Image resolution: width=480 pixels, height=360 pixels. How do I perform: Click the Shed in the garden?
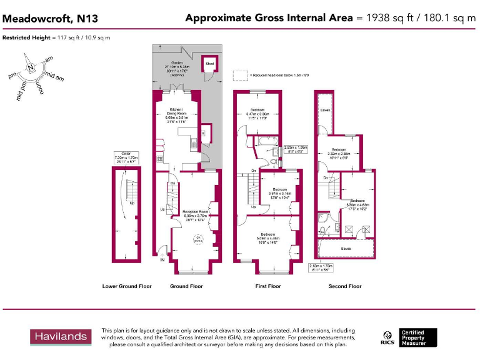pyautogui.click(x=209, y=64)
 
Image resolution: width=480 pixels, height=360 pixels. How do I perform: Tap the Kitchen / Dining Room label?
pyautogui.click(x=174, y=116)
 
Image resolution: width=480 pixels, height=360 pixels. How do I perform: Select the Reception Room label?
pyautogui.click(x=195, y=216)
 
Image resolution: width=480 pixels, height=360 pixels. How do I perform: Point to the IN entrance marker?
pyautogui.click(x=162, y=260)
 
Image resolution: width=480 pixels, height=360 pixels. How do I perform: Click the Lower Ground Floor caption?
pyautogui.click(x=127, y=286)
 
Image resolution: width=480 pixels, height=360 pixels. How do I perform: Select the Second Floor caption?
pyautogui.click(x=345, y=286)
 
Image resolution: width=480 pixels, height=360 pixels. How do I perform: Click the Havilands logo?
pyautogui.click(x=61, y=336)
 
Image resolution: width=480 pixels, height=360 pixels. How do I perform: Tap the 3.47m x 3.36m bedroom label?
pyautogui.click(x=257, y=114)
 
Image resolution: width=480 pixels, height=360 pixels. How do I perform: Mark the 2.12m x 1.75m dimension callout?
pyautogui.click(x=321, y=267)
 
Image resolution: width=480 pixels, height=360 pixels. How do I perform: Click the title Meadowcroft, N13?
pyautogui.click(x=50, y=19)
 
